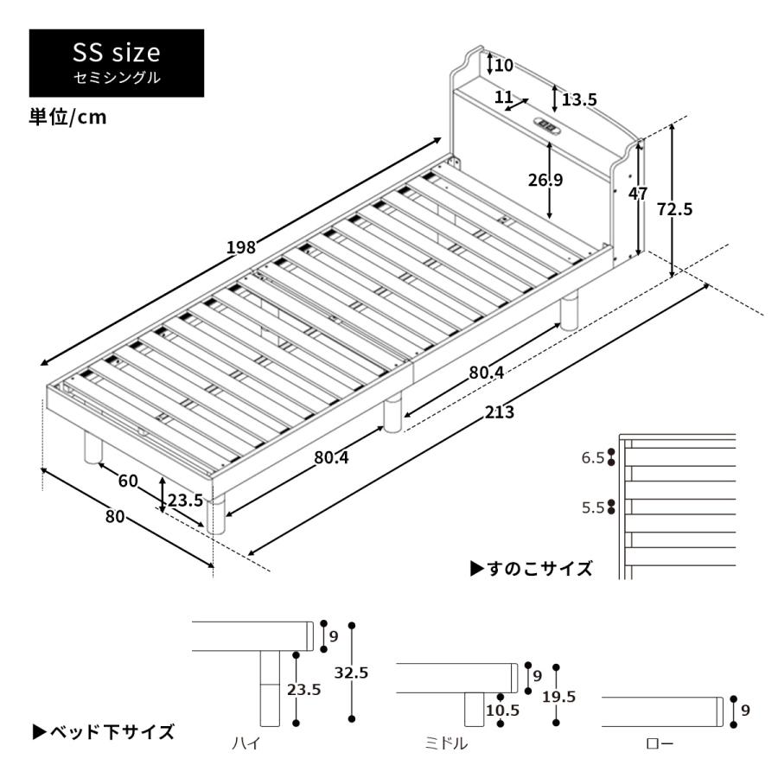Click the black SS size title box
[117, 62]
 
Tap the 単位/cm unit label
[68, 118]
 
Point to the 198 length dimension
[241, 247]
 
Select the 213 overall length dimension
[499, 412]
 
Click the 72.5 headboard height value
[675, 208]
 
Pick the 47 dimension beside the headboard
[638, 194]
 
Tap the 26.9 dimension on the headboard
[545, 180]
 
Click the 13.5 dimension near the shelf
[578, 99]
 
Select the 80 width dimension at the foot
[115, 517]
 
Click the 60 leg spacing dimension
[128, 481]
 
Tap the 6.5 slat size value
[592, 458]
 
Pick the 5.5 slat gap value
[592, 507]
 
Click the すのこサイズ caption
[532, 568]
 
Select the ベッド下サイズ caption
[104, 732]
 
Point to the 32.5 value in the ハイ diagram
[352, 673]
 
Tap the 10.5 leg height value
[502, 711]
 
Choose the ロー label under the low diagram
[659, 743]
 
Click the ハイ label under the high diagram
[245, 743]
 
